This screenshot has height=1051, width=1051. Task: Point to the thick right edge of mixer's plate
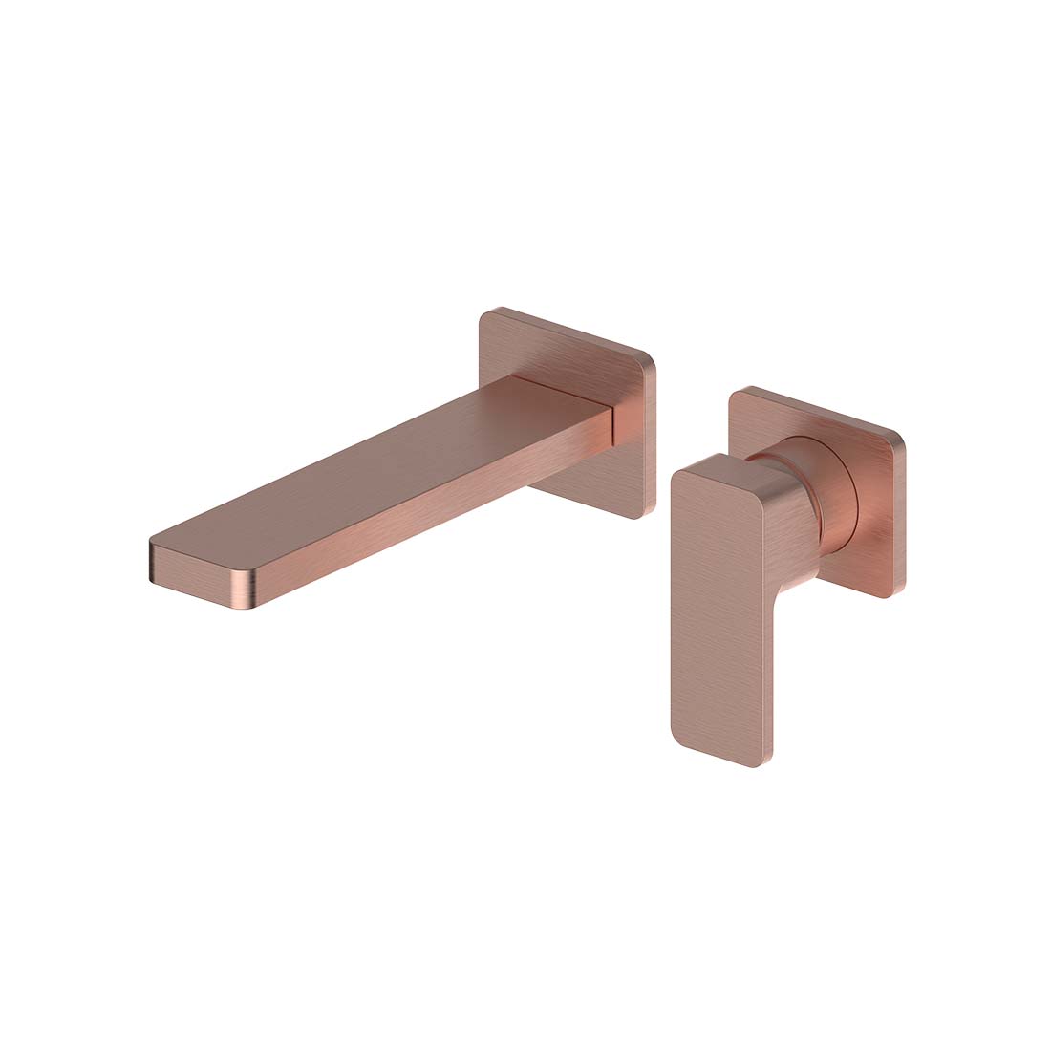(x=900, y=516)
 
